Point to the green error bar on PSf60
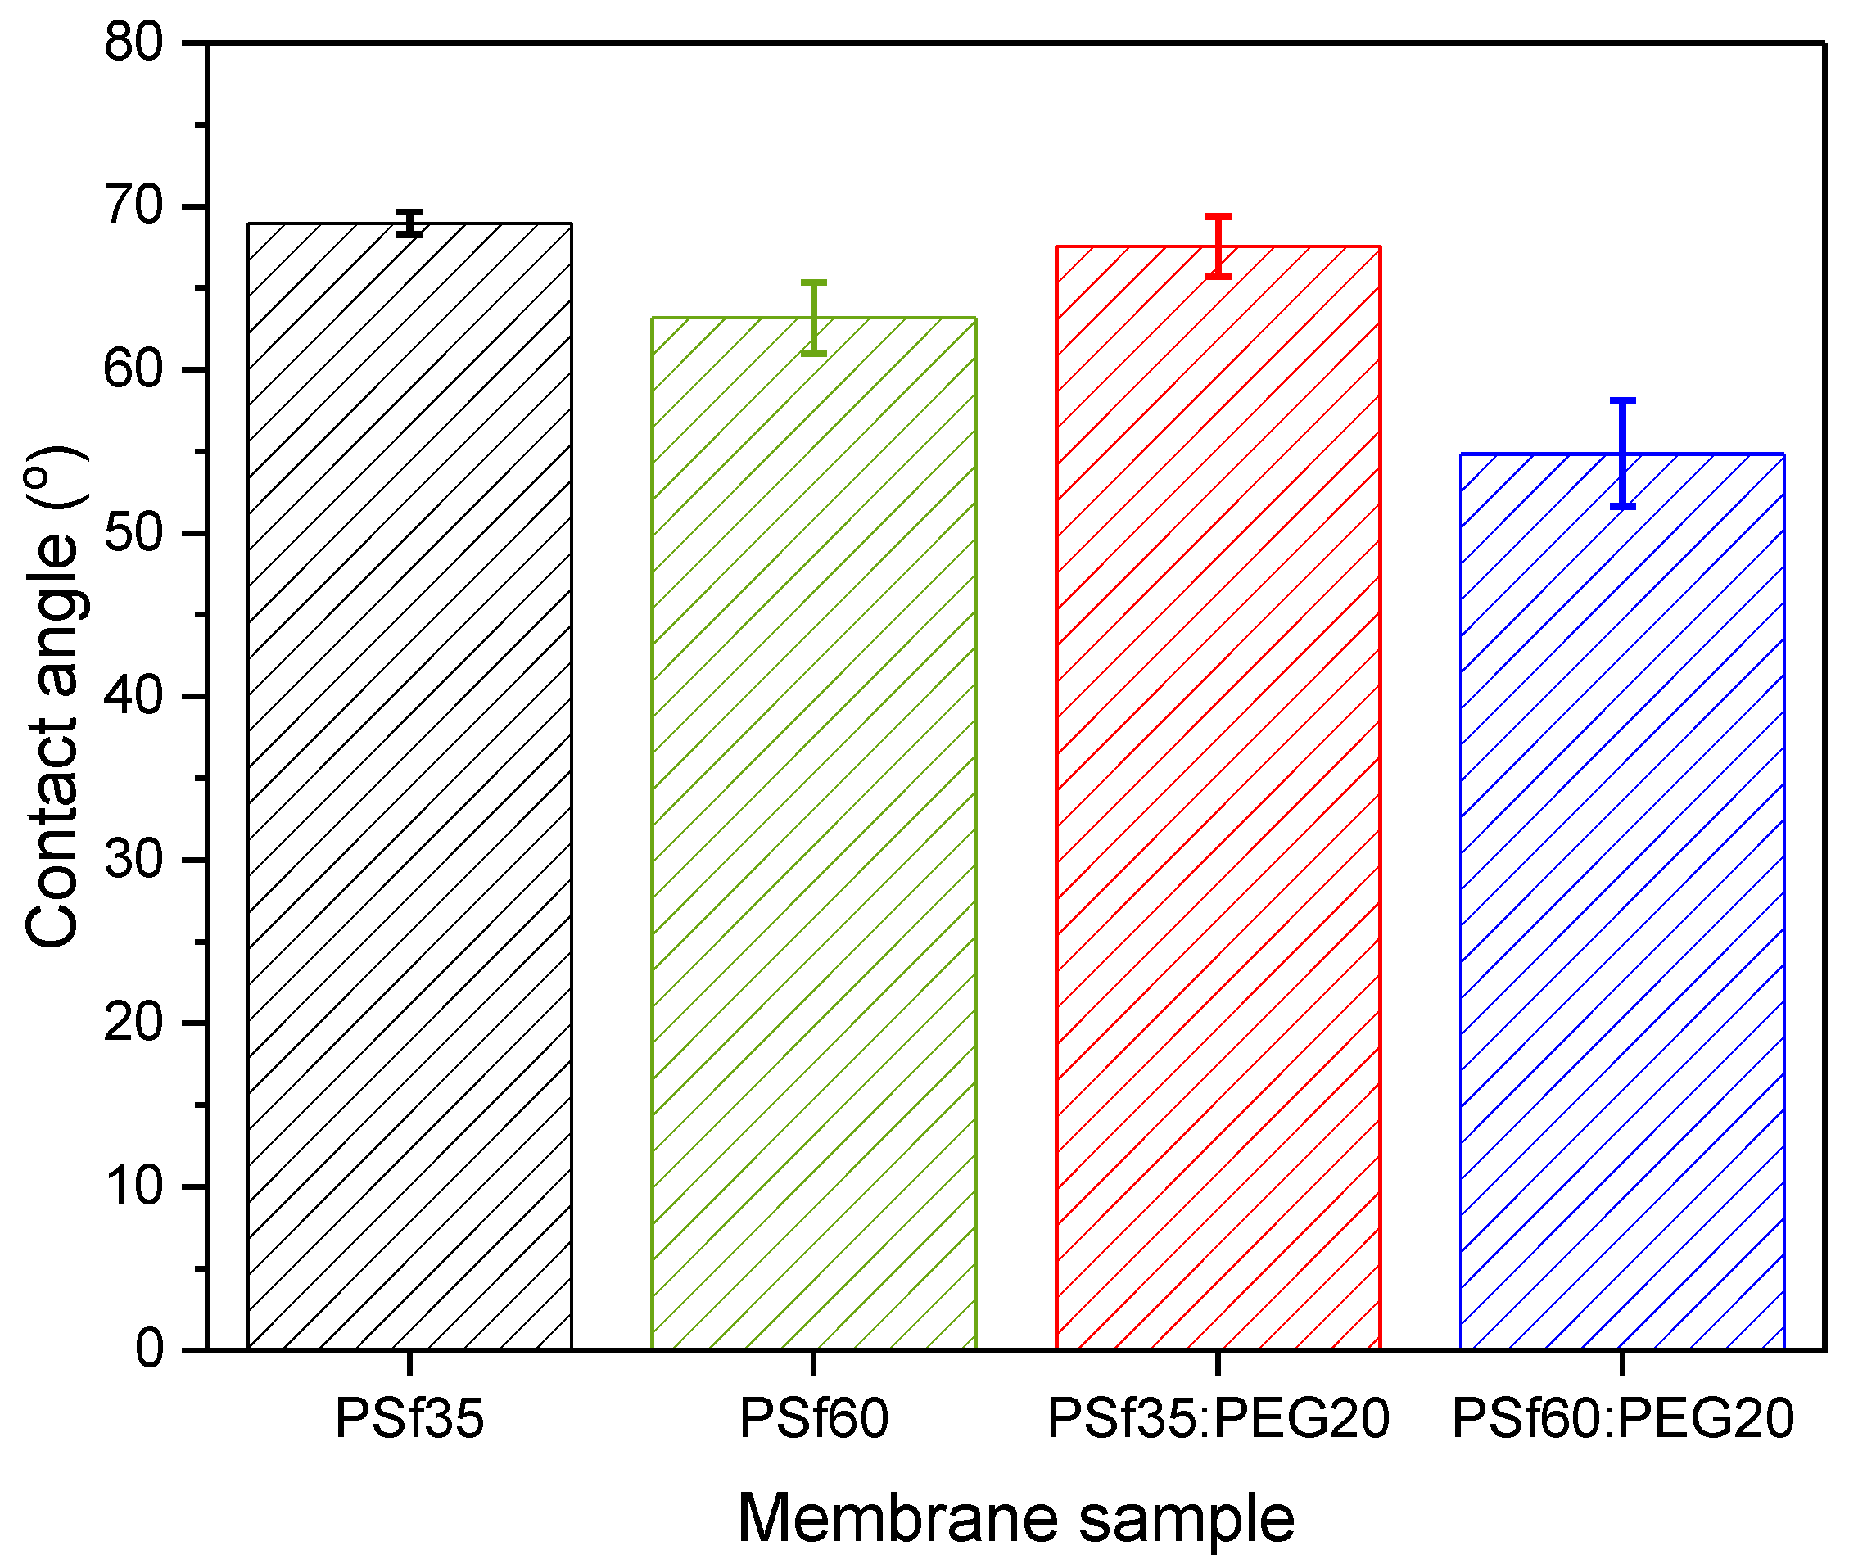click(x=813, y=318)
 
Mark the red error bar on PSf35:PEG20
click(x=1218, y=246)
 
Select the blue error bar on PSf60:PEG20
click(x=1622, y=454)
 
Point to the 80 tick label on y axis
click(x=133, y=42)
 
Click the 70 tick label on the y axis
click(x=133, y=206)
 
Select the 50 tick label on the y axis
click(x=133, y=532)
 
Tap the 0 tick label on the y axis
click(x=149, y=1349)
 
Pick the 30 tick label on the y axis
click(x=133, y=859)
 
